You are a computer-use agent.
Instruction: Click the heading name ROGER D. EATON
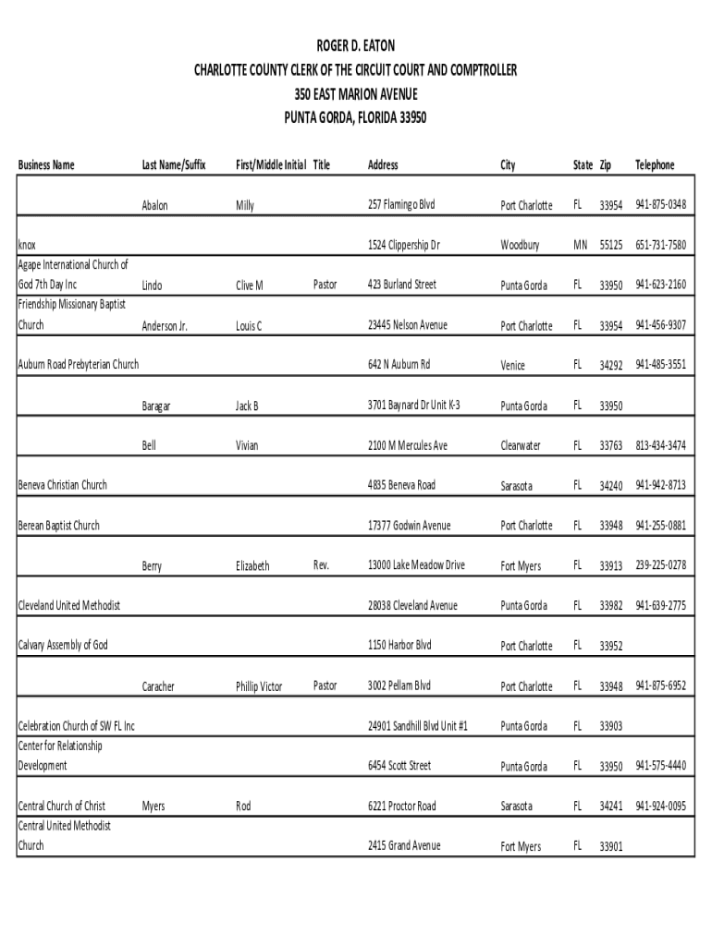356,45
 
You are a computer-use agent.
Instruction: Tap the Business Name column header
46,165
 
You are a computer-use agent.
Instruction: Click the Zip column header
605,165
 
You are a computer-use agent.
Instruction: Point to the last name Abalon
154,206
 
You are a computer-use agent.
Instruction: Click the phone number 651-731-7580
660,245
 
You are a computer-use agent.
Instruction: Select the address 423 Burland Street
401,285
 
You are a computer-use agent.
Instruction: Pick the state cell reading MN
580,246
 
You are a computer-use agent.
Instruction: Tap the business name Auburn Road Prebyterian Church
79,365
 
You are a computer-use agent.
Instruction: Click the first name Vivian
247,446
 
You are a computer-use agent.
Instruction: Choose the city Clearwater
522,446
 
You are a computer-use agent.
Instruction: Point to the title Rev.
321,564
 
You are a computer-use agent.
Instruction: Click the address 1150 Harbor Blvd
399,645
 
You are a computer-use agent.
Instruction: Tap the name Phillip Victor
259,687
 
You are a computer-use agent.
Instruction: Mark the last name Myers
153,807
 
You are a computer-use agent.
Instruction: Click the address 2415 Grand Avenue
404,845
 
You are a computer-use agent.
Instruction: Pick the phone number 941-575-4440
660,766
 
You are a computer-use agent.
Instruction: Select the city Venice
513,366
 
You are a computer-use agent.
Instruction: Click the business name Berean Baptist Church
59,526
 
